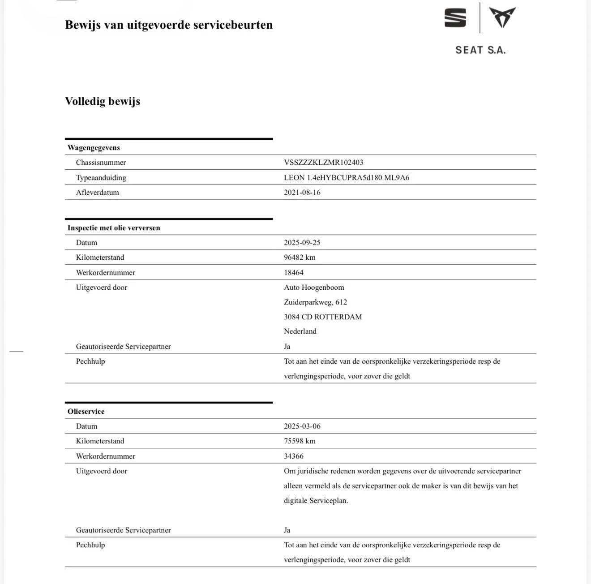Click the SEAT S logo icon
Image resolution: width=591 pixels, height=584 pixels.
(x=455, y=18)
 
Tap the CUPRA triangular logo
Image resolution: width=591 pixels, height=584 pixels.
(x=502, y=17)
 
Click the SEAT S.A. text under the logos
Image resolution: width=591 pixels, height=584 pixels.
(x=480, y=50)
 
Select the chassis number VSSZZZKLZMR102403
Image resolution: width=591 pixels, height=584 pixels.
(x=323, y=163)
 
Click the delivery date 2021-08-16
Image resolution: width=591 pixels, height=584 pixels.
(x=302, y=193)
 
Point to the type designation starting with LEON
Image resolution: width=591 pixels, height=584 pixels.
(x=347, y=178)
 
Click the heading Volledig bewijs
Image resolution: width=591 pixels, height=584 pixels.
(x=103, y=101)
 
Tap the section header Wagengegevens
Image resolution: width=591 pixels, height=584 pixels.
(x=94, y=148)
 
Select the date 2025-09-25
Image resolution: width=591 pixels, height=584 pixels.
(x=302, y=243)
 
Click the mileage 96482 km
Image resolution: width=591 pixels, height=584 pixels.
(x=300, y=258)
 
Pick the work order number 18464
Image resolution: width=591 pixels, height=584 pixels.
(x=294, y=273)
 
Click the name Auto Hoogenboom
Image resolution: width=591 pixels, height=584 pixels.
(x=314, y=288)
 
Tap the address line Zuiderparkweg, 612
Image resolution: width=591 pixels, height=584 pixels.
(x=315, y=302)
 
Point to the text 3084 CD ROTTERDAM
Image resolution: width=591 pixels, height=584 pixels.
(x=323, y=317)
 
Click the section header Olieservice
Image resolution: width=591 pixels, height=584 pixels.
(x=86, y=412)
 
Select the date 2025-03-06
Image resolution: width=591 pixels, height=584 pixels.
(x=302, y=426)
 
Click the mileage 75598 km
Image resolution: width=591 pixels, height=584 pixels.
(x=300, y=441)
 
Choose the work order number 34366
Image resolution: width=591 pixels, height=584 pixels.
(x=294, y=456)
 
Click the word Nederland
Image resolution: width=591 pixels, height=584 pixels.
(x=300, y=331)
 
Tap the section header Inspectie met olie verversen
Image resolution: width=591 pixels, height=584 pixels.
(x=114, y=228)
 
